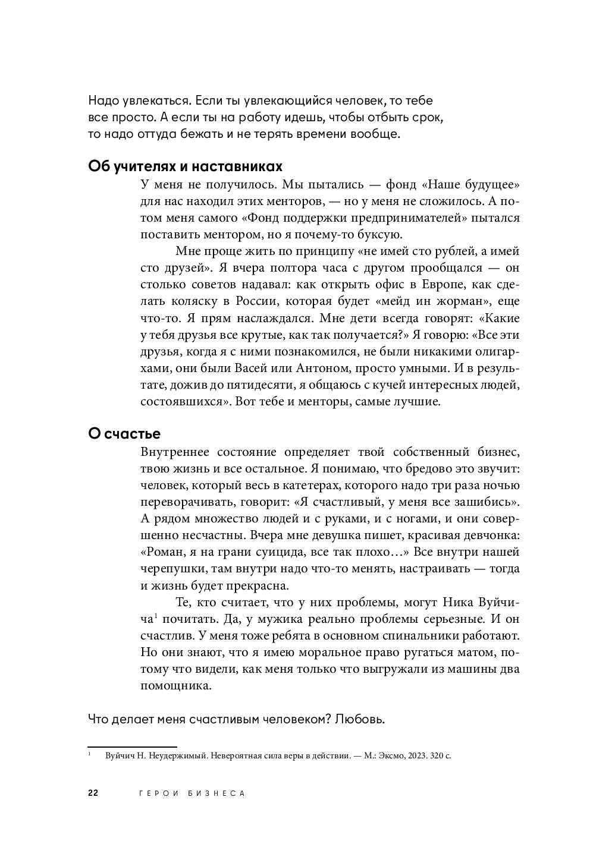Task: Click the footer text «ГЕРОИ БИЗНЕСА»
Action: tap(191, 793)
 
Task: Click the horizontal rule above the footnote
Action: tap(133, 746)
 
